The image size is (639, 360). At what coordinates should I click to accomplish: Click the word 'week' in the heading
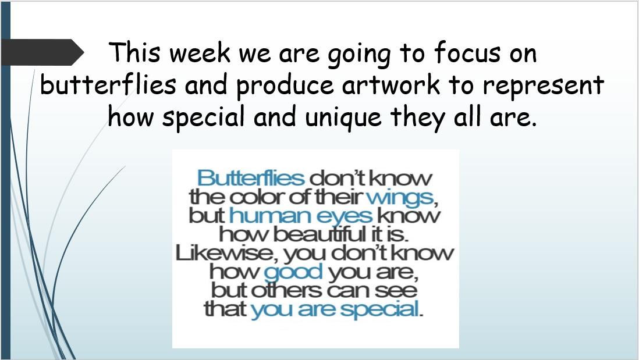tap(200, 52)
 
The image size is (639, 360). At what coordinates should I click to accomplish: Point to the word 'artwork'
tap(391, 85)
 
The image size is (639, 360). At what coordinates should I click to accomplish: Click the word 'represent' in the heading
tap(543, 86)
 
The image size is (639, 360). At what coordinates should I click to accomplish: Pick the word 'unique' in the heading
tap(343, 118)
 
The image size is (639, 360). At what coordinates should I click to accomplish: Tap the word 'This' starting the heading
tap(135, 52)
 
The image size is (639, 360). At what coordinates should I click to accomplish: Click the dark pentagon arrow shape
tap(42, 52)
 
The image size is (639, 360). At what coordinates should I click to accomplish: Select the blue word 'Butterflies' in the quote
tap(251, 178)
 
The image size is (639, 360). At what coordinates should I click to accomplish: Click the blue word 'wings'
tap(400, 198)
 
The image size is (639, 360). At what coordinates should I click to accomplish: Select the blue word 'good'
tap(293, 272)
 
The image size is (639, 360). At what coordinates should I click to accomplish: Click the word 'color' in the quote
tap(257, 197)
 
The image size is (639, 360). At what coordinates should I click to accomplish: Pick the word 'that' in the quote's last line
tap(225, 309)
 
